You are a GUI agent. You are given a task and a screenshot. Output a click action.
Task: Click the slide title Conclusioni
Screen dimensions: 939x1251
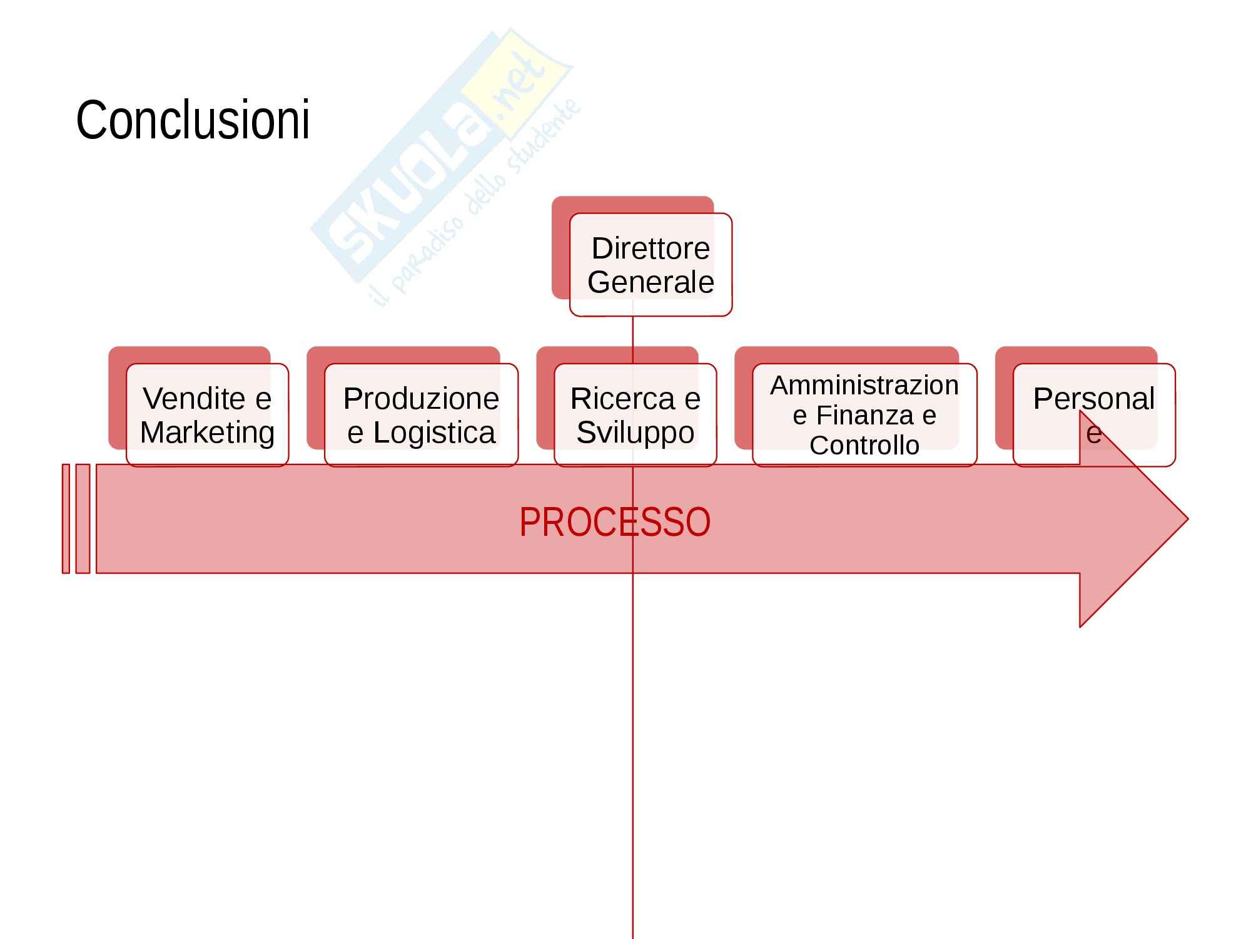tap(193, 120)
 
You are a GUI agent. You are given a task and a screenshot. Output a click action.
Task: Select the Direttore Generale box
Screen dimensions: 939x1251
tap(651, 264)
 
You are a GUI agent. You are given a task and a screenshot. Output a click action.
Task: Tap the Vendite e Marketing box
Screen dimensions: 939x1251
tap(207, 414)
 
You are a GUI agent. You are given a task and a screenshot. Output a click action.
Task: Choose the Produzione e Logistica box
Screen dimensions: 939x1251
tap(421, 414)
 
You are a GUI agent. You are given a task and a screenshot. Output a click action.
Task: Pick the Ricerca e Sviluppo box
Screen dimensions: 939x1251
tap(635, 414)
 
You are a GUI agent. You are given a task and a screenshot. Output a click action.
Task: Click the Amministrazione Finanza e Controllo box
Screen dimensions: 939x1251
tap(864, 414)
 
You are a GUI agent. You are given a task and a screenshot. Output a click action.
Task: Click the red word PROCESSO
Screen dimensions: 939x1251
tap(614, 522)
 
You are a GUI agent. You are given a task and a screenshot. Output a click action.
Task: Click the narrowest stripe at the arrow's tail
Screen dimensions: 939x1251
tap(66, 518)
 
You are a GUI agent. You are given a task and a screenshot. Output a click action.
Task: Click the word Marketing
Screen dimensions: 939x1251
tap(207, 433)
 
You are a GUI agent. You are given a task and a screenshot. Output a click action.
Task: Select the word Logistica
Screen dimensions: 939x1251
tap(434, 433)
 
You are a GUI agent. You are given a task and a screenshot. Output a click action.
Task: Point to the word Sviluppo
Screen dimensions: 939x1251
tap(635, 433)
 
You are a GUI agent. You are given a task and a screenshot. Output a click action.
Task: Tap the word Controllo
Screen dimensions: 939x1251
tap(864, 445)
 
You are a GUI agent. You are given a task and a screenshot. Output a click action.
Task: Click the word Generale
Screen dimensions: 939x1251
tap(651, 282)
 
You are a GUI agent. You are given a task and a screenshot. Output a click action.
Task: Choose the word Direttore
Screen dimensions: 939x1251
tap(651, 249)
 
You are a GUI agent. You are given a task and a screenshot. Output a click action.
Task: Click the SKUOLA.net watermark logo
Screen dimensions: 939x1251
tap(438, 163)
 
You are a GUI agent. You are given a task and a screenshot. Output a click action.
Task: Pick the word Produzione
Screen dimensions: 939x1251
tap(421, 399)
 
